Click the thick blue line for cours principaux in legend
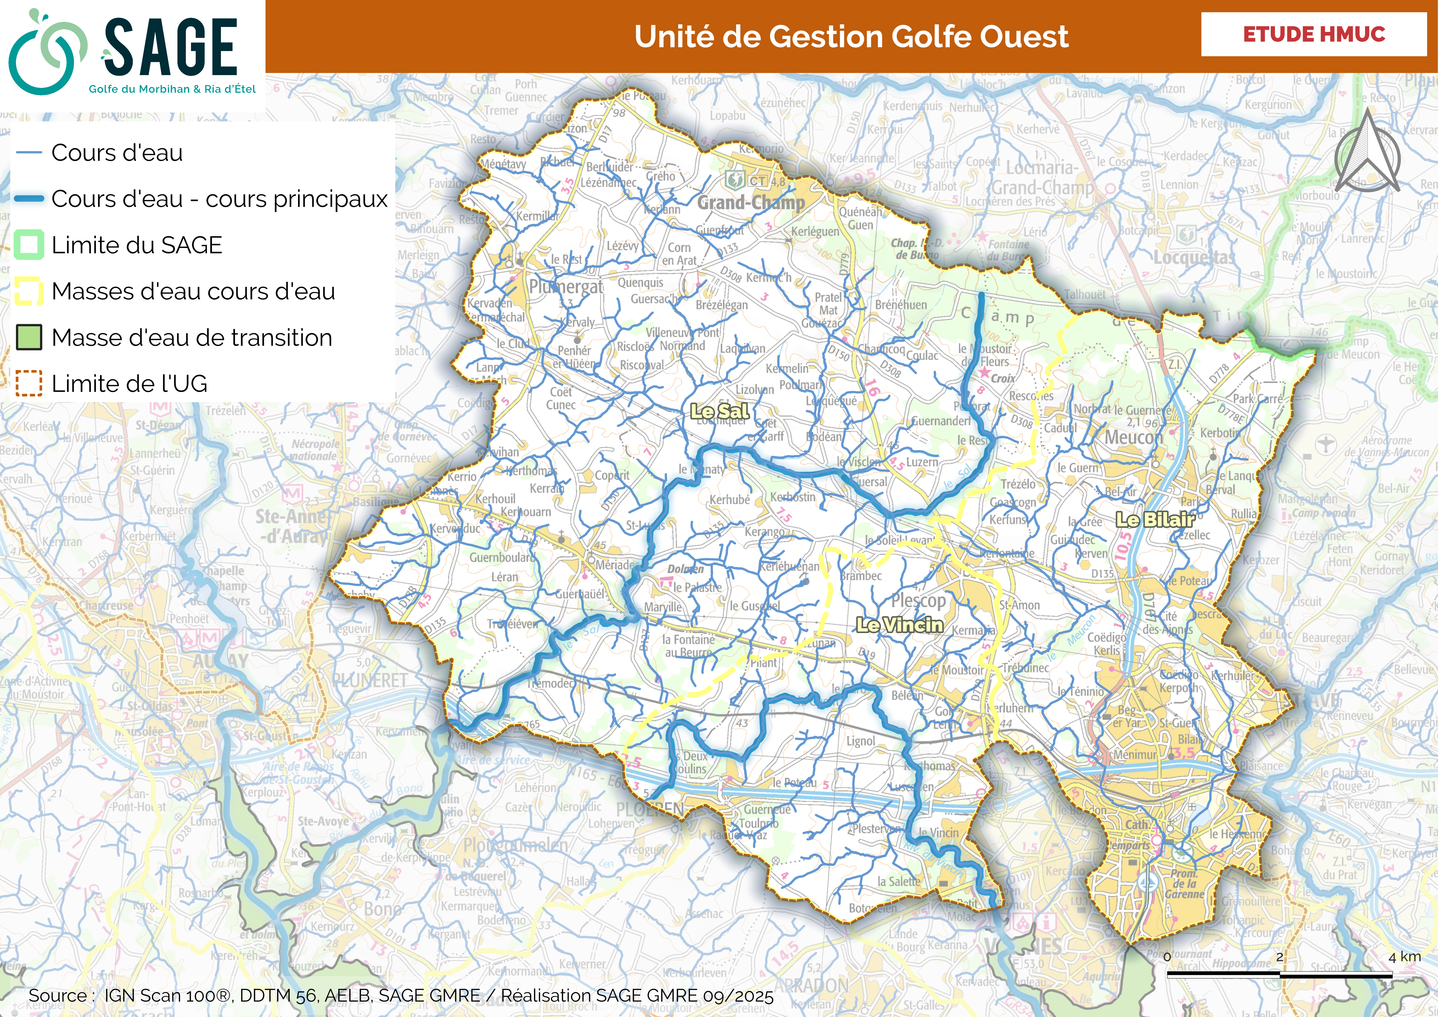coord(29,199)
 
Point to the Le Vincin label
coord(899,625)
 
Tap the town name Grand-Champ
coord(751,202)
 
